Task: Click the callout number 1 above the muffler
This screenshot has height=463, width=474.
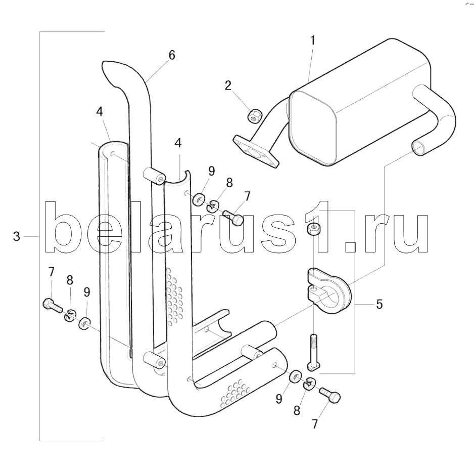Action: click(x=313, y=41)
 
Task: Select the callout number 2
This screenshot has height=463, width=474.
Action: click(x=228, y=85)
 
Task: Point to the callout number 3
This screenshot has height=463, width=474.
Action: click(x=17, y=236)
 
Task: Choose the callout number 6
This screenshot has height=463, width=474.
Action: click(x=172, y=55)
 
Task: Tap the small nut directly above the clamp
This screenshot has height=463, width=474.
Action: click(x=314, y=229)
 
